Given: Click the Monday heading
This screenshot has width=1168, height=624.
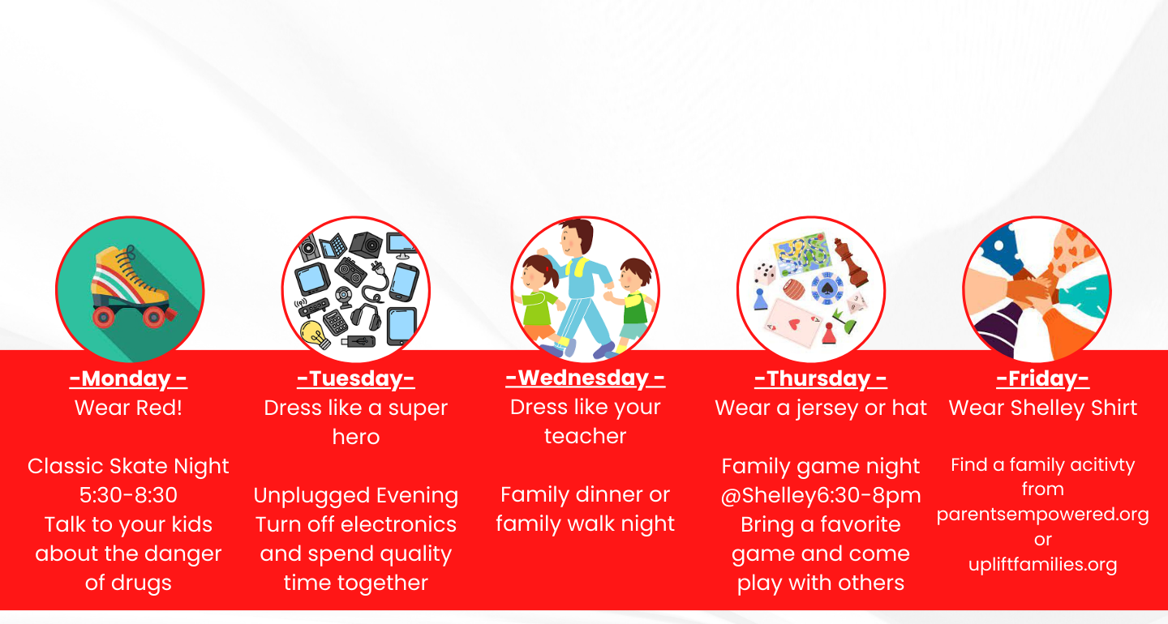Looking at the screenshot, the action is (128, 378).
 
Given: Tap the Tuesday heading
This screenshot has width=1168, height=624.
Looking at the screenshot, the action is (355, 378).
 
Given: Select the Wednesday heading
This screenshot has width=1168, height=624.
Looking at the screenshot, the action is (585, 378).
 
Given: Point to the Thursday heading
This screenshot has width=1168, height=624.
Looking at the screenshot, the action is (820, 378).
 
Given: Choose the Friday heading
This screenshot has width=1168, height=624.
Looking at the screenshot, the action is (1042, 378).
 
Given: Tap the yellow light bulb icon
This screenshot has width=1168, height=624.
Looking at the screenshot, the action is (316, 334).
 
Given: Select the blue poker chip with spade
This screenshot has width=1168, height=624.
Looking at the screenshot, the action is (827, 288).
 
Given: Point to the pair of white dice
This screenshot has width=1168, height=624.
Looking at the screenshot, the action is (764, 273).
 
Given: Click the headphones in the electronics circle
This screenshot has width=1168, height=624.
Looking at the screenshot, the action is (366, 315).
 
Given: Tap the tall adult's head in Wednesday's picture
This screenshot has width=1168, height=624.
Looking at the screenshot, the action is (577, 237).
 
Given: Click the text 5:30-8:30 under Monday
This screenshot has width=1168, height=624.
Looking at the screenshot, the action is (128, 495).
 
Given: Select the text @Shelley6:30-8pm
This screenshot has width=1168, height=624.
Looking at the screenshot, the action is (821, 495).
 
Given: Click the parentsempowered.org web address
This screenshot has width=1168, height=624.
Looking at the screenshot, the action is (1043, 515).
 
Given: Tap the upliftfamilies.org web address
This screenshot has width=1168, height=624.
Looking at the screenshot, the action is (1043, 564).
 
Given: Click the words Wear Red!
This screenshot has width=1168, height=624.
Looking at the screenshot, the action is (128, 408).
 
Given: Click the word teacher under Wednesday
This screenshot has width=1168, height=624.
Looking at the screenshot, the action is (585, 436).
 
